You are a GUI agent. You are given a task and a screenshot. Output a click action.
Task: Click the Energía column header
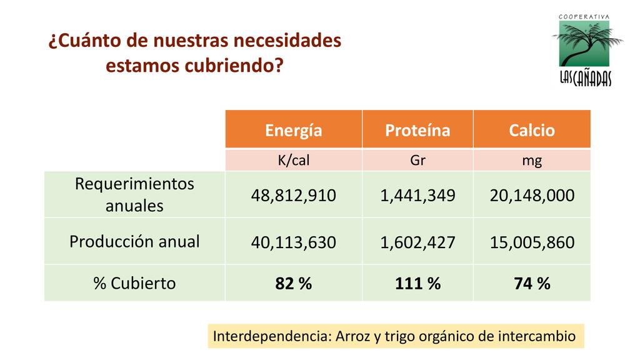pyautogui.click(x=294, y=130)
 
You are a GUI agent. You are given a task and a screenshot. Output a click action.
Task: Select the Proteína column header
pyautogui.click(x=417, y=130)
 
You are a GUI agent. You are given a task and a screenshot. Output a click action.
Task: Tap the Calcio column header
pyautogui.click(x=532, y=130)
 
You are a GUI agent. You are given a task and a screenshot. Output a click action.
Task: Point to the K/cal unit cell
pyautogui.click(x=294, y=161)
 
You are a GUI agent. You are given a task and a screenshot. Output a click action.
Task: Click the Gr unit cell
pyautogui.click(x=417, y=161)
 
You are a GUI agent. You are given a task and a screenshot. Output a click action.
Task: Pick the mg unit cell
pyautogui.click(x=532, y=161)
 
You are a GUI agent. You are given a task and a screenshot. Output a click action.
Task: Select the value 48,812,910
pyautogui.click(x=294, y=196)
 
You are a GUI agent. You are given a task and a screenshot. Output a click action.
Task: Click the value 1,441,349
pyautogui.click(x=417, y=196)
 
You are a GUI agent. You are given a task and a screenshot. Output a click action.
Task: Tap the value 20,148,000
pyautogui.click(x=532, y=196)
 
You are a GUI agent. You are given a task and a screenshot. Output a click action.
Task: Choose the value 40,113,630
pyautogui.click(x=294, y=242)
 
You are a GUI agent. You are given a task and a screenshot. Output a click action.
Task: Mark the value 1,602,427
pyautogui.click(x=417, y=242)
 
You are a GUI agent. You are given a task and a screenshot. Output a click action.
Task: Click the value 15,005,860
pyautogui.click(x=532, y=242)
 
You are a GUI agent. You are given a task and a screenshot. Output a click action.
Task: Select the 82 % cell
pyautogui.click(x=294, y=284)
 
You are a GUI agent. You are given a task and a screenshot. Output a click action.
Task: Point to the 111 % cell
pyautogui.click(x=417, y=284)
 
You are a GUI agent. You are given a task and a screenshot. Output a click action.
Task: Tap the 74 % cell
pyautogui.click(x=532, y=284)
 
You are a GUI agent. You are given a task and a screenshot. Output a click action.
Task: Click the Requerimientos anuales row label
pyautogui.click(x=134, y=194)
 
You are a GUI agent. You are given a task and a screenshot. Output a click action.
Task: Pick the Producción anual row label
pyautogui.click(x=134, y=241)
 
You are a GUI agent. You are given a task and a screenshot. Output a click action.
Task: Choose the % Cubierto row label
pyautogui.click(x=134, y=283)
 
